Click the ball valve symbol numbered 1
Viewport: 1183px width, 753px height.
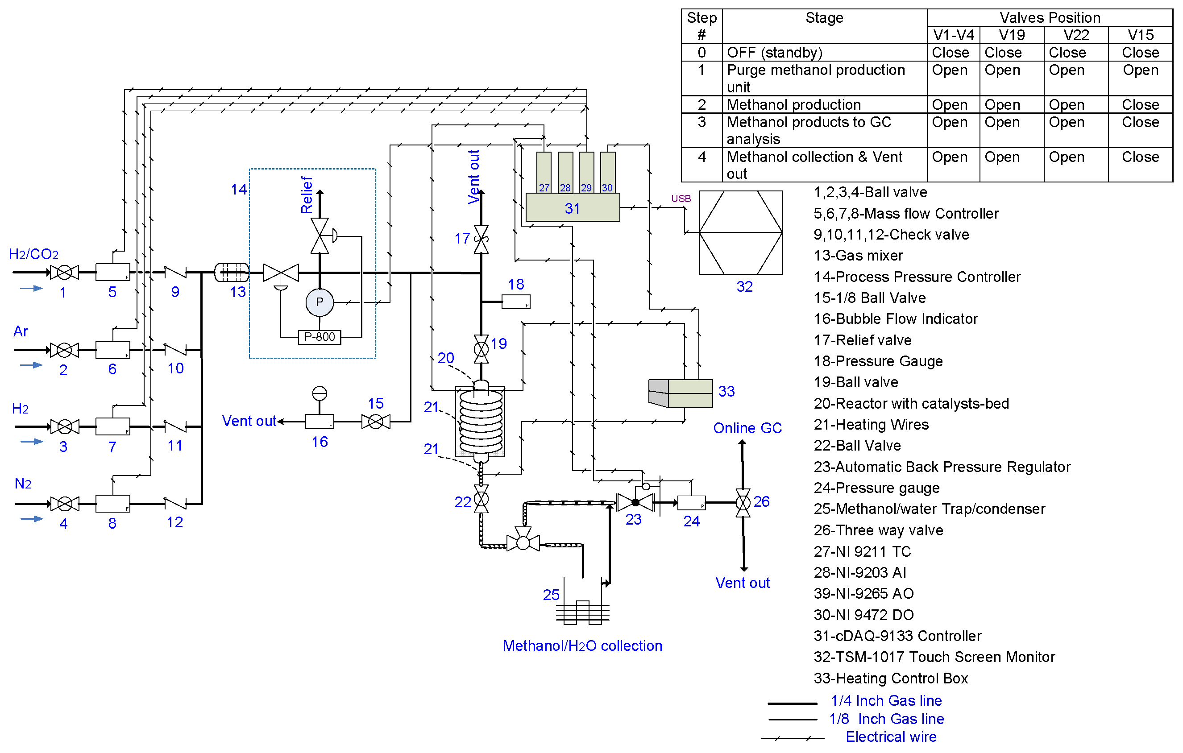click(64, 272)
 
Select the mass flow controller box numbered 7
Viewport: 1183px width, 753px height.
click(112, 426)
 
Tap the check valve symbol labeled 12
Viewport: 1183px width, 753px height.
click(175, 503)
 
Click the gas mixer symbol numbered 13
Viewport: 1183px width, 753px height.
click(232, 272)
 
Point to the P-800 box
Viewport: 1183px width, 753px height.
click(320, 337)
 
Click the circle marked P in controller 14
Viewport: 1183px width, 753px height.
click(320, 302)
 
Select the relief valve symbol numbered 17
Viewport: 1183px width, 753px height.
click(481, 239)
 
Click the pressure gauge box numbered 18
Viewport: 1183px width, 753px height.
click(516, 302)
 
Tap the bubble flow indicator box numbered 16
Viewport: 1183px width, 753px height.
click(320, 422)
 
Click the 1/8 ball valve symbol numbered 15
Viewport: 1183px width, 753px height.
click(376, 422)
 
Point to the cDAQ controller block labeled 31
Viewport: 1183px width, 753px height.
click(573, 207)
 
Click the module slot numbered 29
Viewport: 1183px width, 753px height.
click(586, 172)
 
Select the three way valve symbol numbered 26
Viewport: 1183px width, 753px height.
click(743, 502)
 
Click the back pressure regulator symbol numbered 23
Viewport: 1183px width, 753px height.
click(635, 502)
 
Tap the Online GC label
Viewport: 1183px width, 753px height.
click(747, 428)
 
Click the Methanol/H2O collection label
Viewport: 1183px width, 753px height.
click(582, 645)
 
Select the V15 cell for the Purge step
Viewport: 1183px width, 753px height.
click(1140, 70)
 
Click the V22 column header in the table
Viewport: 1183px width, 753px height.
click(1075, 35)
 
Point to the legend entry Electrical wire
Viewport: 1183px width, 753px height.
click(891, 737)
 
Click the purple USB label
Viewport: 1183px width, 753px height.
click(681, 199)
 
